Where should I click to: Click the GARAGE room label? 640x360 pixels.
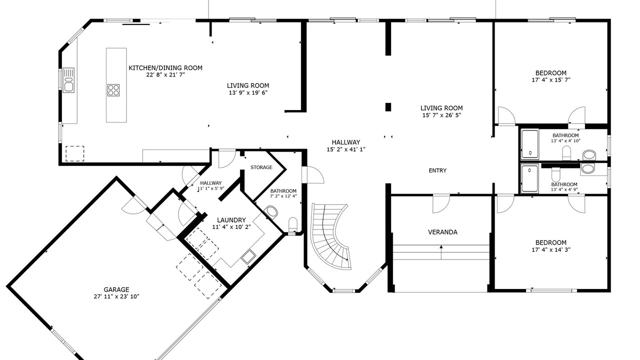(x=116, y=289)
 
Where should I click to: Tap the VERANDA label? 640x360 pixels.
(x=442, y=232)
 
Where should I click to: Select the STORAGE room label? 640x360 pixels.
(x=261, y=167)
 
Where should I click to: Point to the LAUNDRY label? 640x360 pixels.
(x=231, y=220)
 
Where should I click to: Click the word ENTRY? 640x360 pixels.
(x=437, y=170)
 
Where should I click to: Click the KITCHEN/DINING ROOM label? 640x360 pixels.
(x=165, y=67)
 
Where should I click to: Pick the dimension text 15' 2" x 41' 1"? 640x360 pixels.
(x=346, y=149)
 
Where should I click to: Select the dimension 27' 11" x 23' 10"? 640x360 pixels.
(x=116, y=296)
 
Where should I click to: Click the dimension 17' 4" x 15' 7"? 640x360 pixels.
(x=551, y=80)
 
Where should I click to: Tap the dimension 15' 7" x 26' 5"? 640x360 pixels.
(x=441, y=115)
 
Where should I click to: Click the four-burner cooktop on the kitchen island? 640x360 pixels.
(x=113, y=90)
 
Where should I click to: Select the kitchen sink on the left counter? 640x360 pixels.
(x=68, y=80)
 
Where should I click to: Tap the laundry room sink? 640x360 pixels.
(x=247, y=256)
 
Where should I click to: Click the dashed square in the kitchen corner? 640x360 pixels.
(x=75, y=153)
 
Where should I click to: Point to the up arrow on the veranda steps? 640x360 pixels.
(x=441, y=252)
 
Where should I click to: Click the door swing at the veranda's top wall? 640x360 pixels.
(x=441, y=204)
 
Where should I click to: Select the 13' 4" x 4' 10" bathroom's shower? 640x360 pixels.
(x=530, y=144)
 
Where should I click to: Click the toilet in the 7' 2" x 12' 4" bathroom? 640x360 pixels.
(x=293, y=225)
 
